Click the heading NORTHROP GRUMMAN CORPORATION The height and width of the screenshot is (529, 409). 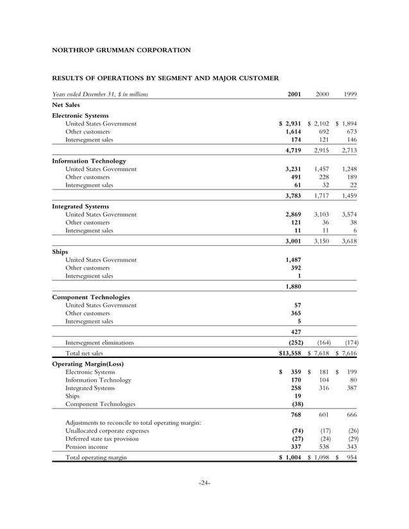[121, 49]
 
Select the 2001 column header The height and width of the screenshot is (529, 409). [294, 94]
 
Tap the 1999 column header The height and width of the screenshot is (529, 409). [349, 94]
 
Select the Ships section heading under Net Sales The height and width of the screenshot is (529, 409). [60, 252]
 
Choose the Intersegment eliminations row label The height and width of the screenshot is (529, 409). [99, 343]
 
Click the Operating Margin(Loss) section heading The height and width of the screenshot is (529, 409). [87, 364]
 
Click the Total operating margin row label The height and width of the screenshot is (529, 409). [96, 458]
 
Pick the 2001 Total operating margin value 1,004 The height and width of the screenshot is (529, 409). [294, 458]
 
